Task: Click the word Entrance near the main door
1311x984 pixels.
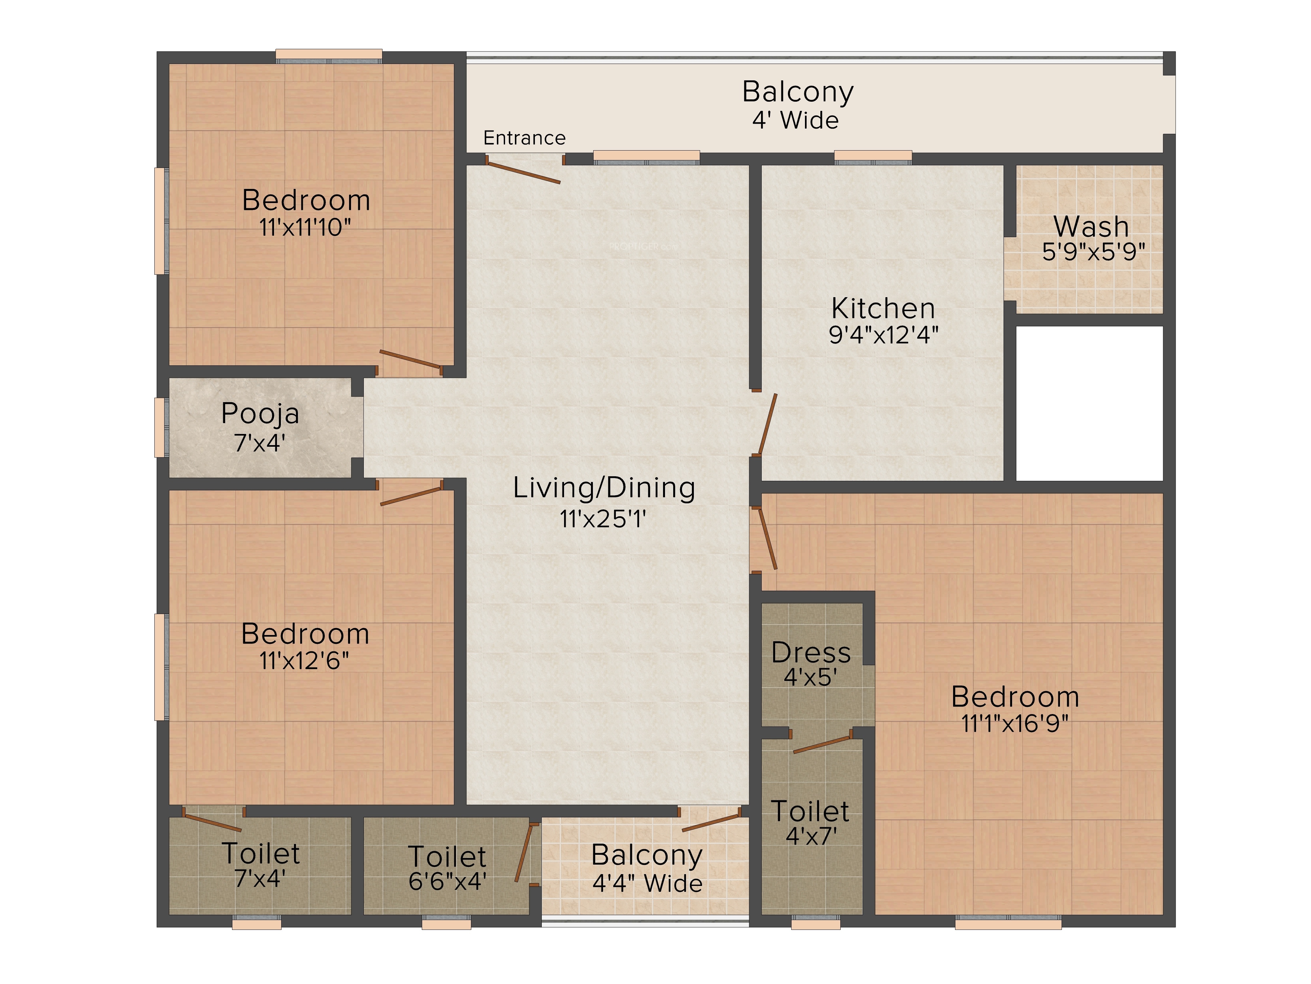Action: coord(524,138)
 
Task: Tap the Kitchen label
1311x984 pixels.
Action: coord(883,308)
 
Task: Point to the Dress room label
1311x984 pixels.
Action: coord(811,652)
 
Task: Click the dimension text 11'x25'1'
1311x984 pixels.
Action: coord(603,519)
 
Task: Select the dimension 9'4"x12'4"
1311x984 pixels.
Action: coord(883,335)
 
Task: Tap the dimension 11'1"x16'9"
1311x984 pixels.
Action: coord(1015,724)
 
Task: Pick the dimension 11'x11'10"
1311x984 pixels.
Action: coord(305,227)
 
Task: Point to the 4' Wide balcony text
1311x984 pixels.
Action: coord(795,120)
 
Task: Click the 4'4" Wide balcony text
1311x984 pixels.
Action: coord(647,884)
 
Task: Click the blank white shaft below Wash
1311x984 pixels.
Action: coord(1090,403)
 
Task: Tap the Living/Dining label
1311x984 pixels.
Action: coord(604,488)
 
